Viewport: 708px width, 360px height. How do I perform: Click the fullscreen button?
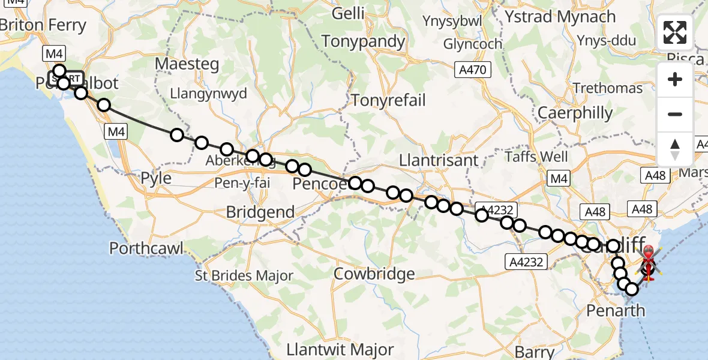click(x=675, y=32)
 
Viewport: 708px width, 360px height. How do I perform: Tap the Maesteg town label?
click(x=186, y=63)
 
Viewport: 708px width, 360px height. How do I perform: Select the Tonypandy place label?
click(x=364, y=41)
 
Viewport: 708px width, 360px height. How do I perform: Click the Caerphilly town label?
click(x=575, y=113)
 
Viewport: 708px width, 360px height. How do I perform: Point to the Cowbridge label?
click(x=374, y=274)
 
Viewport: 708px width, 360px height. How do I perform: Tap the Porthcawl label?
click(x=147, y=248)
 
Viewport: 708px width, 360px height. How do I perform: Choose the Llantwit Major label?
click(x=340, y=349)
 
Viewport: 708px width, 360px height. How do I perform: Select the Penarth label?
click(x=615, y=311)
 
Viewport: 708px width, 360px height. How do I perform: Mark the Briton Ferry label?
click(x=43, y=25)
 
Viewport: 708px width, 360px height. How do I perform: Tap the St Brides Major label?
click(x=244, y=276)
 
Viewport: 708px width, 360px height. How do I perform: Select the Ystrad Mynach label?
click(x=560, y=17)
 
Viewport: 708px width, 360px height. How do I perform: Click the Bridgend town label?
click(x=260, y=212)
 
